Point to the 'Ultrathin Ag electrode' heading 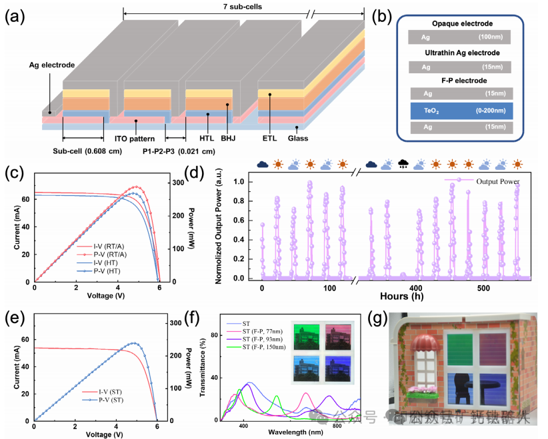click(x=458, y=53)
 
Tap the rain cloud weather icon click(x=402, y=164)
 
